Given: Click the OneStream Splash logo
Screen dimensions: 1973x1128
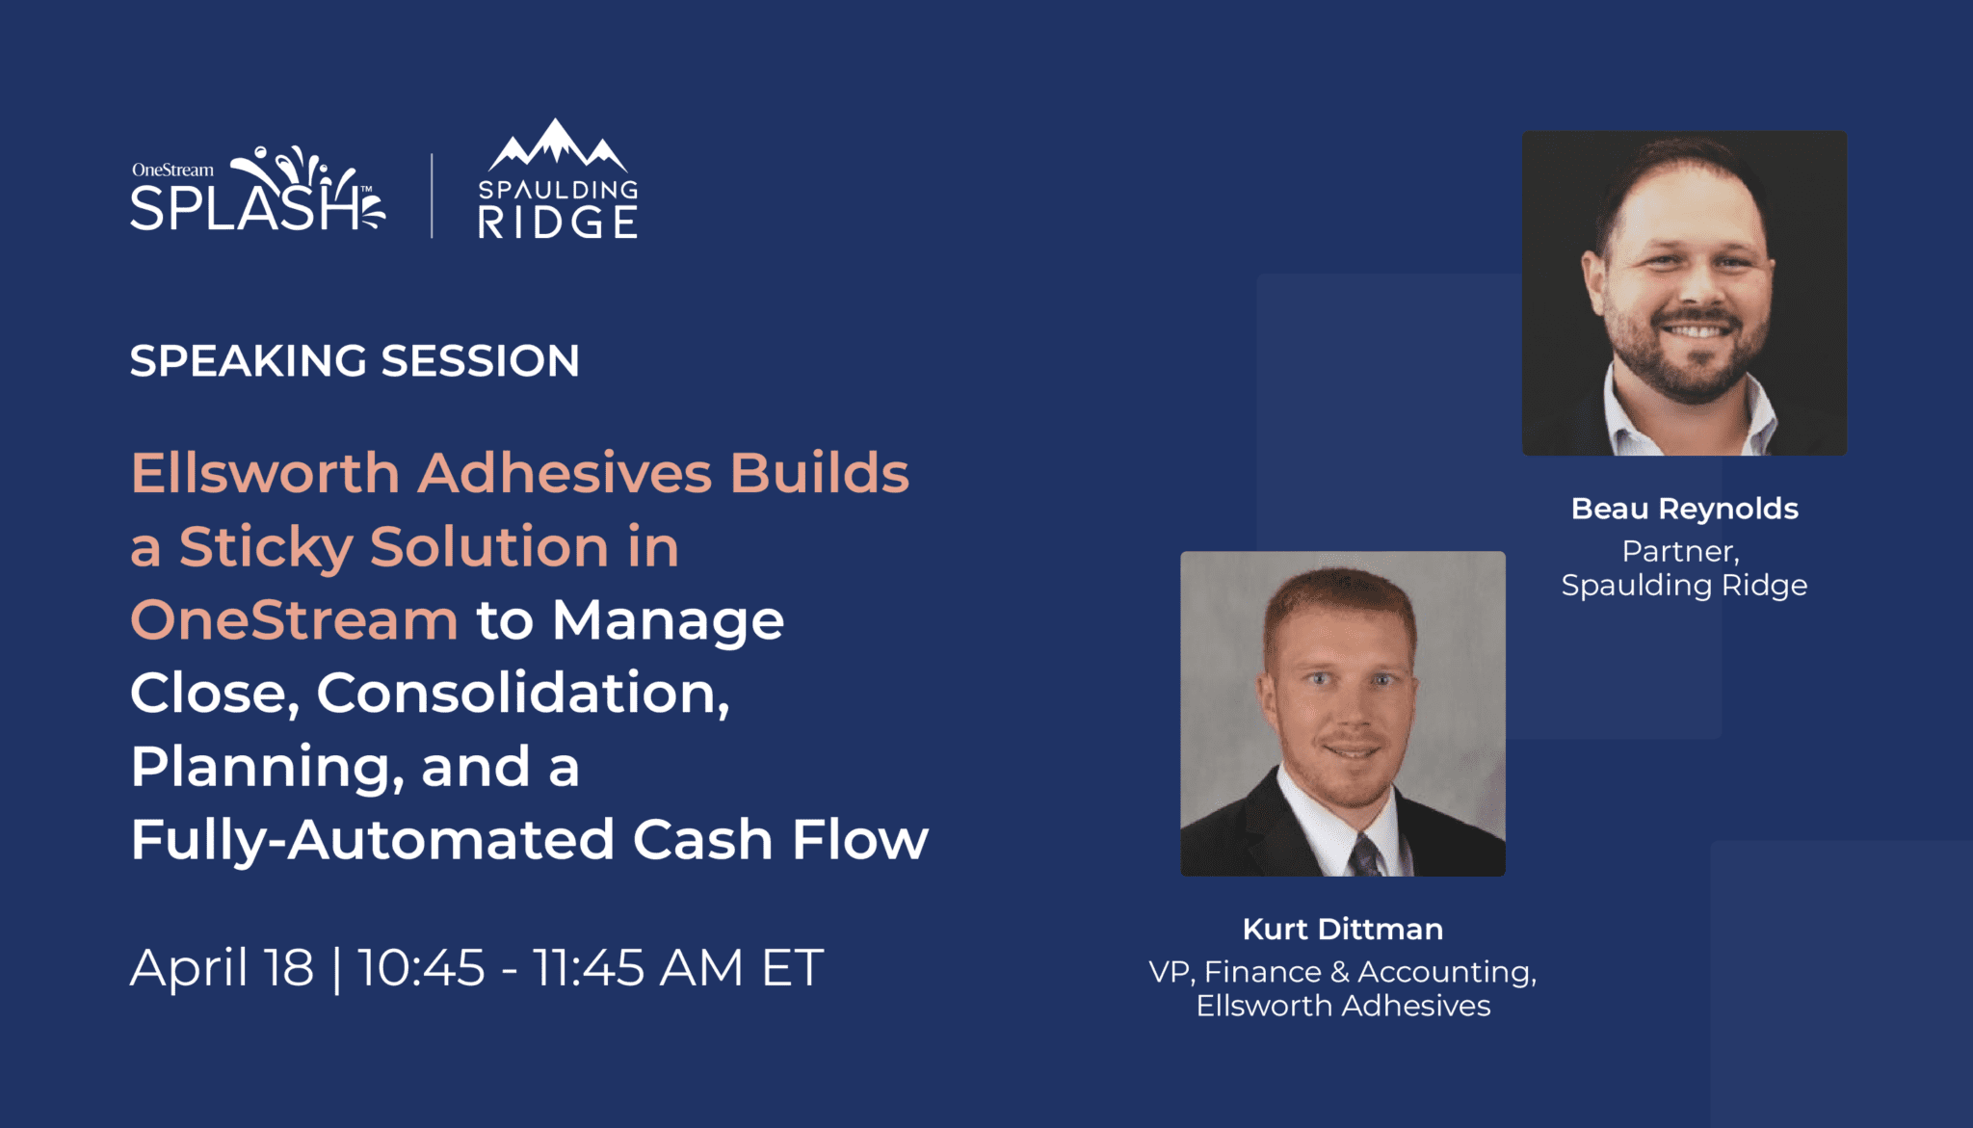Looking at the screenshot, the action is coord(257,190).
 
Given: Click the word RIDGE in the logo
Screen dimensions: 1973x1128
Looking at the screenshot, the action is coord(558,223).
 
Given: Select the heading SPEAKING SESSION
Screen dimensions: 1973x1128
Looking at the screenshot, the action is coord(355,361).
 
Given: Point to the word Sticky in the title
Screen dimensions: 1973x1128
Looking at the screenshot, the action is coord(265,548).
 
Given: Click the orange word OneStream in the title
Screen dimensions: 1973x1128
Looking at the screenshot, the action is coord(294,619).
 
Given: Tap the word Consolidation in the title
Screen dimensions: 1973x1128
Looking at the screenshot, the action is coord(523,693).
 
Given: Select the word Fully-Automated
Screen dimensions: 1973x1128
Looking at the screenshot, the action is coord(373,840).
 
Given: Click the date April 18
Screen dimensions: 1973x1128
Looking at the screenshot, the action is coord(223,967).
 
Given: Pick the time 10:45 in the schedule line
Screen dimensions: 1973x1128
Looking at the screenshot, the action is coord(422,968).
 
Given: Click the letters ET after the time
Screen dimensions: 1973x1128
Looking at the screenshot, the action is coord(793,968).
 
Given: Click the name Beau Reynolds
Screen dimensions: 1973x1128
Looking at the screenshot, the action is coord(1685,509).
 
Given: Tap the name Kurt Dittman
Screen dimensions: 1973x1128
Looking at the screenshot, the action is coord(1343,929).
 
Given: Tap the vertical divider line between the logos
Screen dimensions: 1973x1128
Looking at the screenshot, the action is coord(432,195).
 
